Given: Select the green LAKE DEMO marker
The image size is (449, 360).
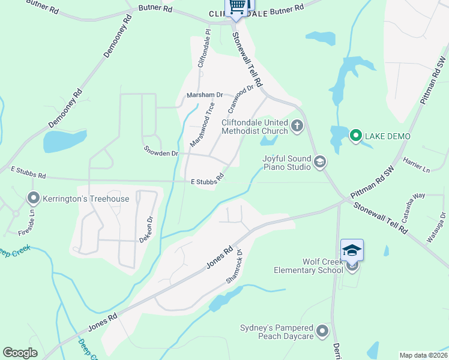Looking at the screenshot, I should click(355, 136).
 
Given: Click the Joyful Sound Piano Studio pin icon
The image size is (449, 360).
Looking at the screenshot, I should click(321, 161).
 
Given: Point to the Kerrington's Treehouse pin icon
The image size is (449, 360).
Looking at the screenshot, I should click(33, 197).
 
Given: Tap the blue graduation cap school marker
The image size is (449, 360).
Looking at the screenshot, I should click(352, 250).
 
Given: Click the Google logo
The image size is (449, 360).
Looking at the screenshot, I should click(20, 353).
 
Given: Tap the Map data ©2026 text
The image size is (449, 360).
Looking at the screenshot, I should click(423, 355).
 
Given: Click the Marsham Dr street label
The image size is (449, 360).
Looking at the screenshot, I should click(205, 95).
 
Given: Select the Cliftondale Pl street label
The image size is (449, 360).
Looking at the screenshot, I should click(204, 49).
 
